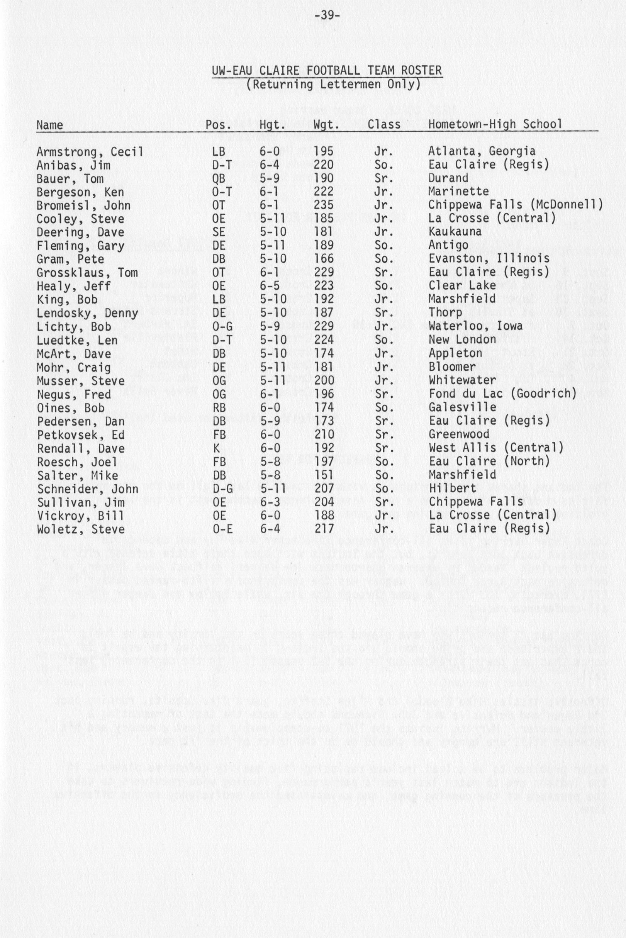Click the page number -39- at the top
[x=327, y=16]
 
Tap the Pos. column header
[x=218, y=125]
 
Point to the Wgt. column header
[x=326, y=125]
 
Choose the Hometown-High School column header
[x=495, y=124]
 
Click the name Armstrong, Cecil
[x=90, y=152]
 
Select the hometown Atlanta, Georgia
[x=482, y=151]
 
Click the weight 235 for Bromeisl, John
[x=323, y=205]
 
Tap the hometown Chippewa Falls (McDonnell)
[x=516, y=205]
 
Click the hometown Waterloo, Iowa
[x=475, y=326]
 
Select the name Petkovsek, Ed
[x=81, y=435]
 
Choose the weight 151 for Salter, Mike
[x=323, y=475]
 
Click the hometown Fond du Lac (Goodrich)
[x=503, y=394]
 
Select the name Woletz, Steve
[x=81, y=529]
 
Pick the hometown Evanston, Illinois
[x=489, y=259]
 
